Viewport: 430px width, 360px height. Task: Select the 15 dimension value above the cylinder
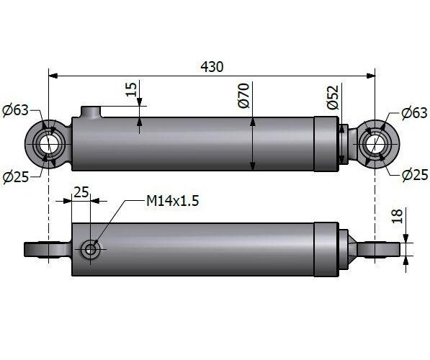pyautogui.click(x=130, y=90)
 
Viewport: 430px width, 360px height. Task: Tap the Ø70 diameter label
pyautogui.click(x=243, y=96)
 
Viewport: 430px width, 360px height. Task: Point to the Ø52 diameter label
pyautogui.click(x=332, y=97)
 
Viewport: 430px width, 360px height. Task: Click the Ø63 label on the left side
pyautogui.click(x=15, y=110)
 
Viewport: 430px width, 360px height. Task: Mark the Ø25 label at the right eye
pyautogui.click(x=413, y=175)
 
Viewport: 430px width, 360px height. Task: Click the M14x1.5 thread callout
pyautogui.click(x=172, y=201)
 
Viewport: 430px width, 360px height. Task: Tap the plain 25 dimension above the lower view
pyautogui.click(x=81, y=192)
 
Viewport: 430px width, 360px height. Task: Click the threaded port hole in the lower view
pyautogui.click(x=90, y=250)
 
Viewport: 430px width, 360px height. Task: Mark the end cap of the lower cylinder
pyautogui.click(x=326, y=250)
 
